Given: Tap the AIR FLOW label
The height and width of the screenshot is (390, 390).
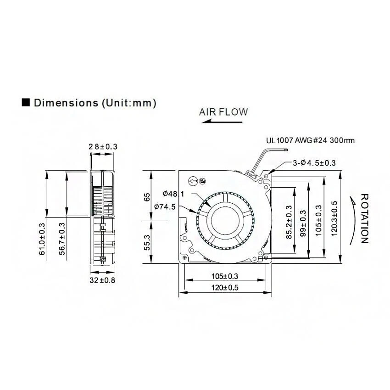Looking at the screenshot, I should (223, 111).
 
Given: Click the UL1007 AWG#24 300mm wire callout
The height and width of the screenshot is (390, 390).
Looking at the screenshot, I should (311, 141).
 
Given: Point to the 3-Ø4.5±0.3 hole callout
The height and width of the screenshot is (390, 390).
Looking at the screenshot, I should (314, 163).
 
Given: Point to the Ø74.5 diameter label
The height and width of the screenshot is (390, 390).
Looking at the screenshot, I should (165, 207).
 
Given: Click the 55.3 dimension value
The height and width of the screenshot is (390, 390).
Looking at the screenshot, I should (147, 242).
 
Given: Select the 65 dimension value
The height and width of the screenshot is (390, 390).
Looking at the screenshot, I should (147, 197).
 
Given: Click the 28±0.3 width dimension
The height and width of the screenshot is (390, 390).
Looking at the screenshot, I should (103, 147).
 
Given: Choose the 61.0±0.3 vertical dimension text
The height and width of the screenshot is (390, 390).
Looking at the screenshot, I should (42, 239).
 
